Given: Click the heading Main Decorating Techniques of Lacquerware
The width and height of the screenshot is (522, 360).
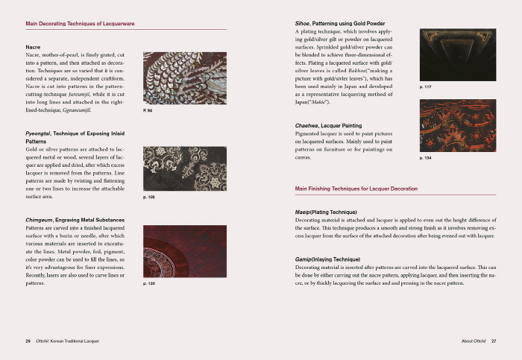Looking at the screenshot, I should [80, 24].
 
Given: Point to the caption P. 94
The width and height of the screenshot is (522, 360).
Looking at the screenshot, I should [148, 110].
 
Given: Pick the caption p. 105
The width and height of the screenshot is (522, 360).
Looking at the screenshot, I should [148, 198].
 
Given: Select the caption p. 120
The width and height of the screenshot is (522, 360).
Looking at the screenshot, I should [148, 284].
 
